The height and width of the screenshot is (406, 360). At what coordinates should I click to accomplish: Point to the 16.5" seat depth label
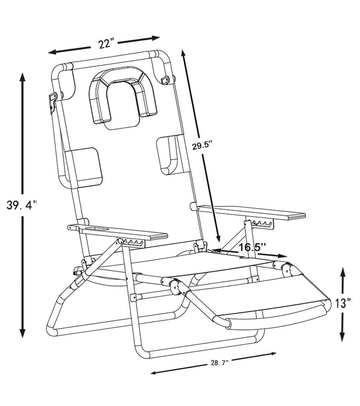(252, 247)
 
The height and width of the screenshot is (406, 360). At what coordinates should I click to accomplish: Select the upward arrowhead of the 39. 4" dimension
(22, 77)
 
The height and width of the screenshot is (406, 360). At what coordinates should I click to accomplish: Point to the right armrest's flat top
(252, 211)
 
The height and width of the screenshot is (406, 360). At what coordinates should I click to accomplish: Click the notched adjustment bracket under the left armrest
(133, 243)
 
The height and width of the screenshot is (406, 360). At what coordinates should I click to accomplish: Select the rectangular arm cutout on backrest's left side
(84, 167)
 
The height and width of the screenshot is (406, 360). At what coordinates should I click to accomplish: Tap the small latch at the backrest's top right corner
(166, 80)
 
